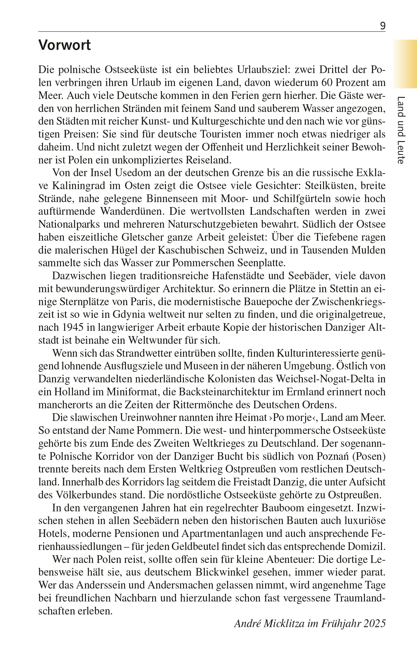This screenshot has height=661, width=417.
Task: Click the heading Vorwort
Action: coord(64,45)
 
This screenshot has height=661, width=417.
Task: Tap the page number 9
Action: coord(383,26)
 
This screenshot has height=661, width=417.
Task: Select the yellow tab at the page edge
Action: coord(405,64)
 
